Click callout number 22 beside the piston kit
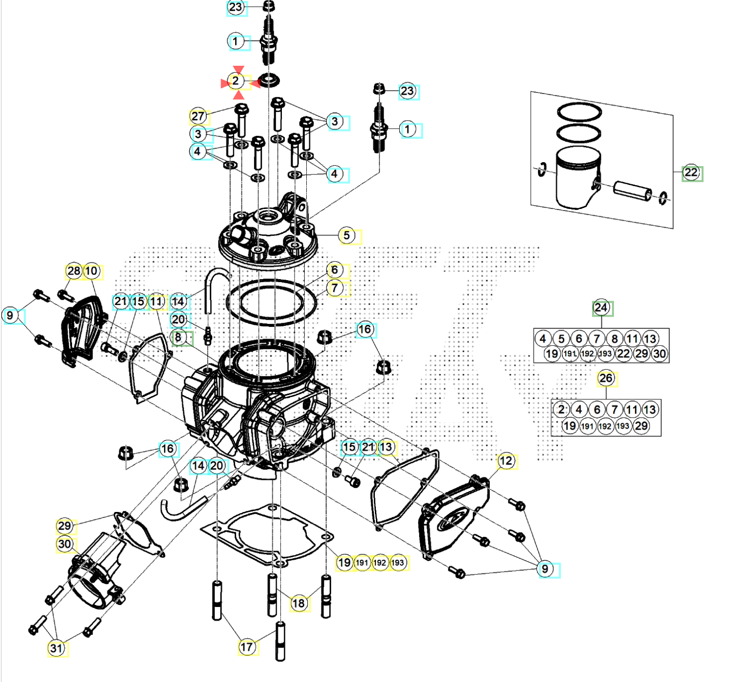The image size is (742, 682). [x=691, y=172]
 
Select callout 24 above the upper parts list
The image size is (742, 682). [x=601, y=308]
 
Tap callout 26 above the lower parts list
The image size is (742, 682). [x=606, y=379]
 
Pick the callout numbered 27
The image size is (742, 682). [x=198, y=116]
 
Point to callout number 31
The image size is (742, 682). [x=56, y=648]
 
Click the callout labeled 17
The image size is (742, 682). [x=247, y=647]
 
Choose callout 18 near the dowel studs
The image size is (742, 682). [x=298, y=604]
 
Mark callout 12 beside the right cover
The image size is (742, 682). [x=506, y=461]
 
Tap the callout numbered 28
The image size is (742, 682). [x=74, y=271]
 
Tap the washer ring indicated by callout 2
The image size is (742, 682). [x=269, y=79]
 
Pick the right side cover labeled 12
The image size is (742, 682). [x=453, y=519]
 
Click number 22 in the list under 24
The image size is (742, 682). [x=624, y=354]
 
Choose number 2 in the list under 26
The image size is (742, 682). [x=561, y=410]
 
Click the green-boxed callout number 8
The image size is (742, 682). [x=179, y=337]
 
